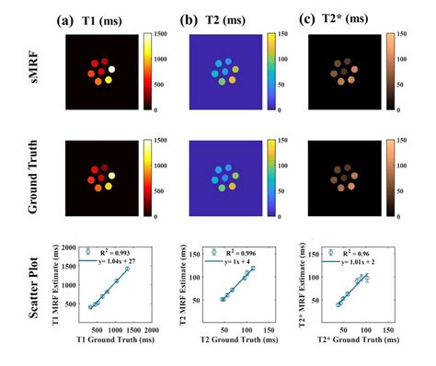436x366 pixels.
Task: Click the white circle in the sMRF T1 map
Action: coord(112,69)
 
